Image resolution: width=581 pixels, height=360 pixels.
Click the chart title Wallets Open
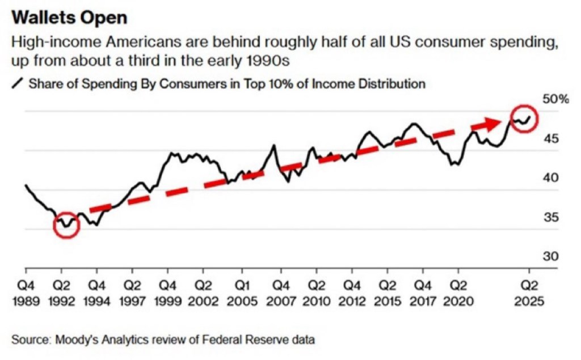coord(69,18)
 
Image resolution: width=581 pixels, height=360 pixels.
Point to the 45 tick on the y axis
coord(536,139)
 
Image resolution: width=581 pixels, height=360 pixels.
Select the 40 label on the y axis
coord(536,178)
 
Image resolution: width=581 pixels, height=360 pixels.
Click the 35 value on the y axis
coord(536,217)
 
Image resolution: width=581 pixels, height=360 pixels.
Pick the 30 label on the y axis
coord(536,256)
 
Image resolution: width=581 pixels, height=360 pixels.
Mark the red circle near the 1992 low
coord(67,225)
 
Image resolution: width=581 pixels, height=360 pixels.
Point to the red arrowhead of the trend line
coord(491,124)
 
